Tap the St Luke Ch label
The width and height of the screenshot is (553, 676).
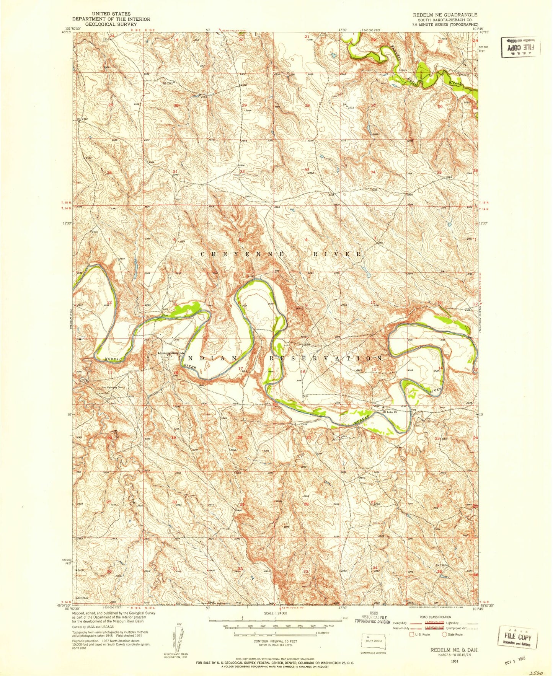coord(391,412)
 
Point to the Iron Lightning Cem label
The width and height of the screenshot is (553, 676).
coord(114,387)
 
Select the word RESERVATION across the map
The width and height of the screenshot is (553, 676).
coord(326,358)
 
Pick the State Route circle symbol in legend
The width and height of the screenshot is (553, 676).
coord(445,635)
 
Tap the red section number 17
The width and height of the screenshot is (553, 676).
coord(241,369)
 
